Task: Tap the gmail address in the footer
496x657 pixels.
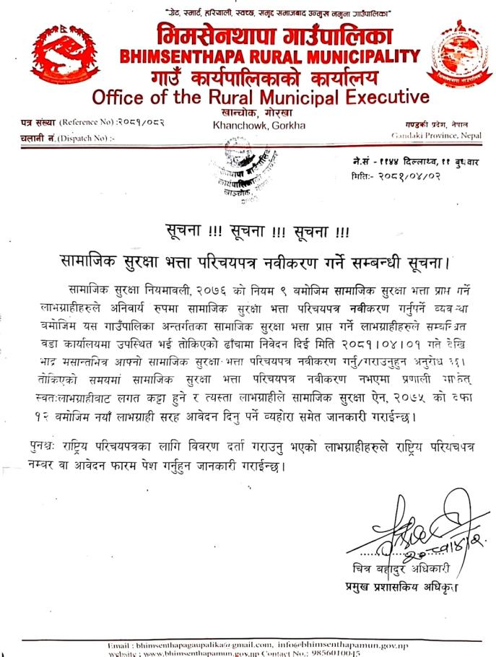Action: (x=190, y=645)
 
